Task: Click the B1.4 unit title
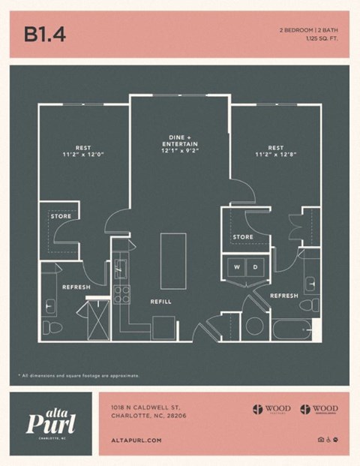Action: point(45,35)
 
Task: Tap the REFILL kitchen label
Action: point(160,302)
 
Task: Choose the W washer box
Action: point(238,267)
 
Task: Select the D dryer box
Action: point(255,267)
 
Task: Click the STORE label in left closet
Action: point(61,217)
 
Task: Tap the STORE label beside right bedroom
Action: point(242,237)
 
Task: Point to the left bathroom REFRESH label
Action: point(76,287)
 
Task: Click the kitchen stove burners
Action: point(121,293)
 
